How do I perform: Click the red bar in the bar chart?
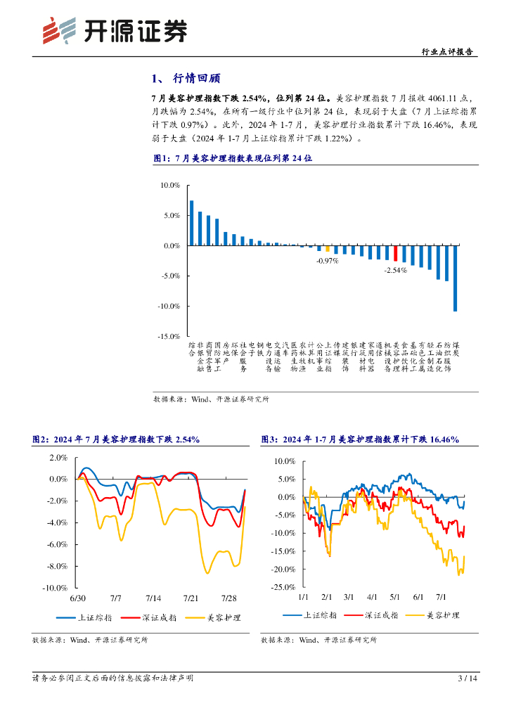395,254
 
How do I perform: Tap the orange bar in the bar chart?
327,248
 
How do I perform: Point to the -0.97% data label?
327,260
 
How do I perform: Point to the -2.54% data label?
395,270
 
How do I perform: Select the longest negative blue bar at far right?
455,278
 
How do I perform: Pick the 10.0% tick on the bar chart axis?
170,186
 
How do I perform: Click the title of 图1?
232,159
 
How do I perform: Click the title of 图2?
116,439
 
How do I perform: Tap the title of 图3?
359,439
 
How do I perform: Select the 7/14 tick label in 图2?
153,598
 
